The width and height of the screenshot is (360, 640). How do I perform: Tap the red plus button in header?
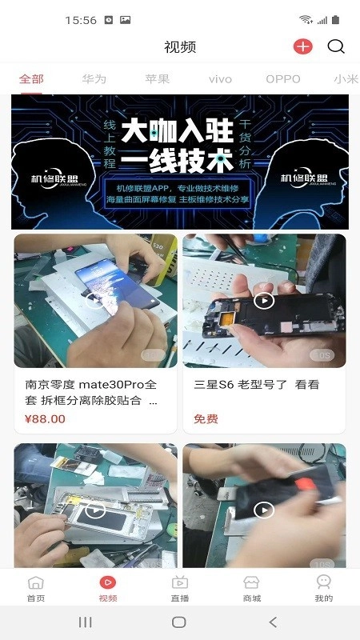coord(302,46)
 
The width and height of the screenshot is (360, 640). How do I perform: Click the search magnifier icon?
coord(337,46)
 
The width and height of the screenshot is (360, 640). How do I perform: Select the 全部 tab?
coord(32,79)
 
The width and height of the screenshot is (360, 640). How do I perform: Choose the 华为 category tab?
coord(94,79)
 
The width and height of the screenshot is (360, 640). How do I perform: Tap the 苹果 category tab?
coord(157,79)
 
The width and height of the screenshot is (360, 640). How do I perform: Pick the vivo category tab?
coord(220,79)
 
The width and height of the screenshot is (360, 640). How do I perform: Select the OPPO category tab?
coord(283,79)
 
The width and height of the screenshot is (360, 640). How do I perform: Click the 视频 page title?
coord(180,46)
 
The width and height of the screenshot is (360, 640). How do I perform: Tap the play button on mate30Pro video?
coord(95,301)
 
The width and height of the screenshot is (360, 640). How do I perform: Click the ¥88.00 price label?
coord(46,418)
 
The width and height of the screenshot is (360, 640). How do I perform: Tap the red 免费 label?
coord(206,418)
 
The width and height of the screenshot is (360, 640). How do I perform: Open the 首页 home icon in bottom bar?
coord(36,583)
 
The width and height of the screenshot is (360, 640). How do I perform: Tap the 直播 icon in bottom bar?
coord(180,583)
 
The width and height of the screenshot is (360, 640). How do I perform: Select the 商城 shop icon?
coord(252,583)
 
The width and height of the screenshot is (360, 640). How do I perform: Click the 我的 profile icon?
coord(323,583)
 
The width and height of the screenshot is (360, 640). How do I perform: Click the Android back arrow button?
coord(273,622)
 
